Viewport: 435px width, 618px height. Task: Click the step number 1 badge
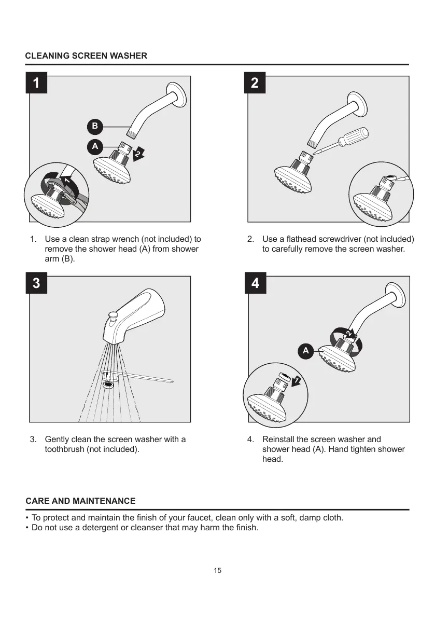click(36, 83)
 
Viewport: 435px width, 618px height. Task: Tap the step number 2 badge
click(255, 83)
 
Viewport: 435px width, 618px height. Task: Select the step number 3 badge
click(36, 283)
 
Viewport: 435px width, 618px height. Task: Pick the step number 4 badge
click(255, 283)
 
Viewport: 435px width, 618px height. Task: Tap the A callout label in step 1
click(94, 147)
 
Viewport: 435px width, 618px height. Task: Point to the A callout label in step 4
click(305, 351)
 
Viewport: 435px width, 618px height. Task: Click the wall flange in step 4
click(397, 298)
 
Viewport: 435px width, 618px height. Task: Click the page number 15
click(217, 571)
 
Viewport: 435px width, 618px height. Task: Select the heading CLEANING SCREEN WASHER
click(87, 56)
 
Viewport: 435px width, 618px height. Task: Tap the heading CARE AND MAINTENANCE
click(80, 501)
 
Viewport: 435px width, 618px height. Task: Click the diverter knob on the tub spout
click(111, 315)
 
